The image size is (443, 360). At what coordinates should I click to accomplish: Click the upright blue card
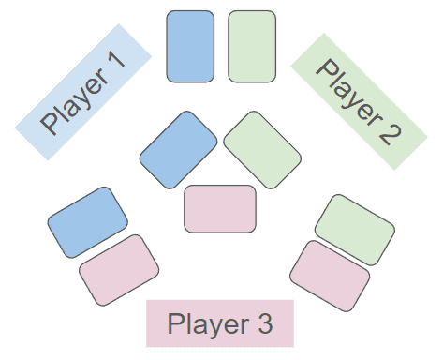pos(190,47)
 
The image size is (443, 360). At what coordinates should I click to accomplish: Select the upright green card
pos(252,47)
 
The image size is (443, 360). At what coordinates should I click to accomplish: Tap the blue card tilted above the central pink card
pos(178,150)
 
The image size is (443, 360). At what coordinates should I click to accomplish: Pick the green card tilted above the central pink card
pos(262,150)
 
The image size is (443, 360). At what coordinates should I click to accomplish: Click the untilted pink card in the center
pos(220,209)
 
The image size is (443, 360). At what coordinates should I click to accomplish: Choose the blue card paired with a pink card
pos(88,222)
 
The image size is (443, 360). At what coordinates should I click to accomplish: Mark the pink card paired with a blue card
pos(119,270)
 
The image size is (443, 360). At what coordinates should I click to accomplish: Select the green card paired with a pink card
pos(355,230)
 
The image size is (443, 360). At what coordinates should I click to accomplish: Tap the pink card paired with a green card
pos(330,276)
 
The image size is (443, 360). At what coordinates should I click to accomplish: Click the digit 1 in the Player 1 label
pos(116,60)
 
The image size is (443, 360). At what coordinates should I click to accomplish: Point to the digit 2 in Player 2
pos(390,133)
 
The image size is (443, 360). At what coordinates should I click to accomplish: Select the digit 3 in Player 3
pos(265,323)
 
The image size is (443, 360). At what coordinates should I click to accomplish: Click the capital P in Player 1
pos(50,123)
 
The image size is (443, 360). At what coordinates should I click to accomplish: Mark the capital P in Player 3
pos(175,323)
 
